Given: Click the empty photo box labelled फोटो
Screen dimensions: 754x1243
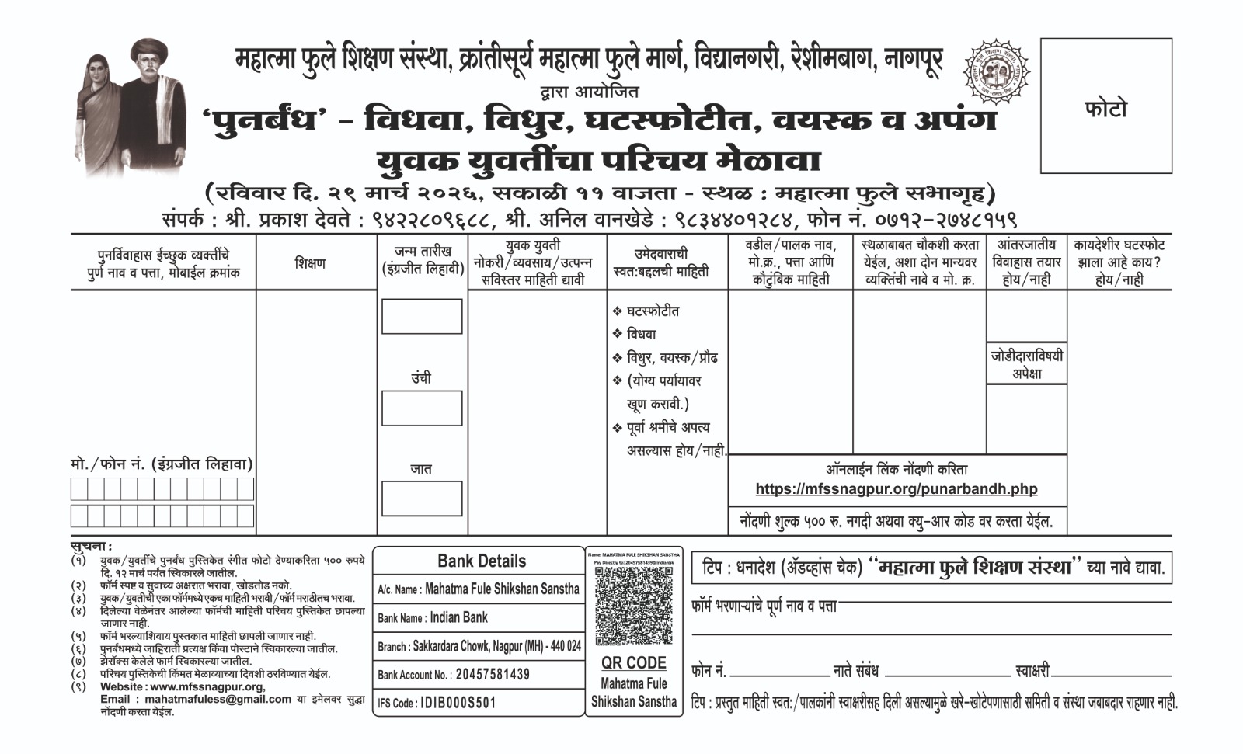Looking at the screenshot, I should [x=1105, y=106].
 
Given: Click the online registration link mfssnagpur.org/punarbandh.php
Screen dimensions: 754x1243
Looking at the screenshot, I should [x=896, y=488].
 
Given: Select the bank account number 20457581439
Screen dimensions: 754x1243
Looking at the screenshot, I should [x=493, y=674].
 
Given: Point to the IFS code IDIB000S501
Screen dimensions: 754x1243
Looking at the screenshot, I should [x=458, y=704].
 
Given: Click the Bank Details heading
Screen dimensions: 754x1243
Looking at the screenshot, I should [x=481, y=561].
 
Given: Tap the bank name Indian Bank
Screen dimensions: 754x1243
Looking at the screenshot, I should [x=458, y=617].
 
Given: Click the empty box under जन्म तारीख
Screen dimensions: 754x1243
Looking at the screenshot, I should [x=422, y=316].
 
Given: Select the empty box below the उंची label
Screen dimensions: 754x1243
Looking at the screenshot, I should [x=422, y=408].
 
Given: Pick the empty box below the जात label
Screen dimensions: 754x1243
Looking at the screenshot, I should [x=422, y=499].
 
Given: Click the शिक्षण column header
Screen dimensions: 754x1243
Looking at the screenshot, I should [x=310, y=263].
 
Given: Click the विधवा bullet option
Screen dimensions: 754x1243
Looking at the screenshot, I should [x=642, y=334].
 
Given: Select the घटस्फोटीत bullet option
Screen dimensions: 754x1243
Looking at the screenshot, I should [x=653, y=311].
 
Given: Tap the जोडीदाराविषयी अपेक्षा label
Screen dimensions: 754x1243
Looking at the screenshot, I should [x=1026, y=364].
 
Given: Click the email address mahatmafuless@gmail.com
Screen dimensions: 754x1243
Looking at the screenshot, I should [x=196, y=699].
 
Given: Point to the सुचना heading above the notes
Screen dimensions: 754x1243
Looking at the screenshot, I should [x=90, y=547].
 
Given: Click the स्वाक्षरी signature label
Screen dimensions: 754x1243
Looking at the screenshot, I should [x=1032, y=670].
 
